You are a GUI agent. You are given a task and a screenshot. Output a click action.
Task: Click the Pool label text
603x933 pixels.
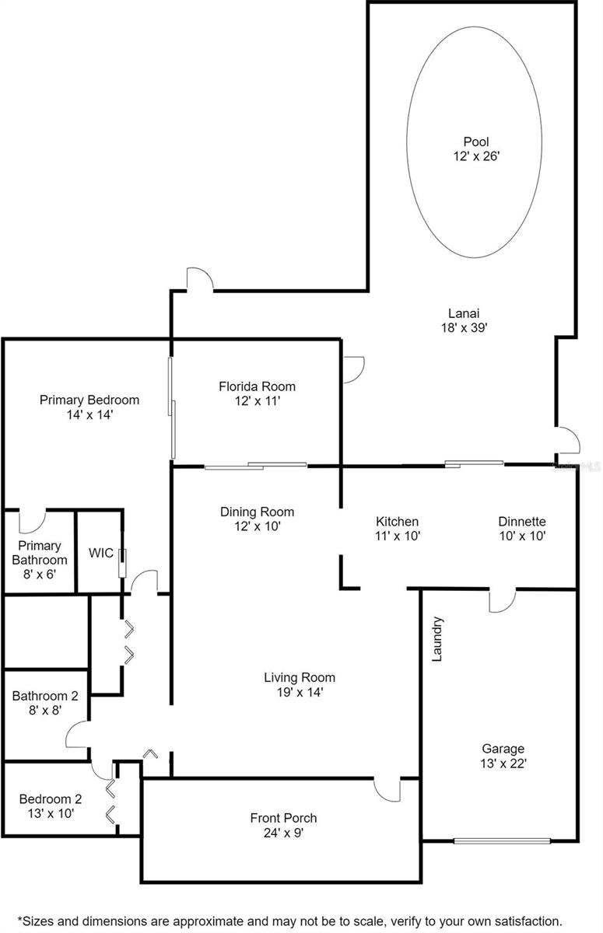coord(476,142)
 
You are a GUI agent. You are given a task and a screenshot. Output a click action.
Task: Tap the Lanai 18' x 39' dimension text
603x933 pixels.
coord(465,327)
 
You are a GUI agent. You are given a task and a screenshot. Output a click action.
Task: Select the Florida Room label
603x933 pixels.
coord(257,386)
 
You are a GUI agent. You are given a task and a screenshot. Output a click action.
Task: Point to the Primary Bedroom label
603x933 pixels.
coord(89,400)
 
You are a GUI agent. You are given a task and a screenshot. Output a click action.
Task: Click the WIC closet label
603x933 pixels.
coord(101,553)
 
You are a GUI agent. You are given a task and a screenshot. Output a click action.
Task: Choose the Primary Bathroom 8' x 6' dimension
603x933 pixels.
coord(40,575)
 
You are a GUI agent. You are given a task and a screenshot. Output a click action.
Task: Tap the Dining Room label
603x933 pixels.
coord(257,512)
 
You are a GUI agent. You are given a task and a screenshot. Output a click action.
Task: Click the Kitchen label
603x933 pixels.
coord(397,522)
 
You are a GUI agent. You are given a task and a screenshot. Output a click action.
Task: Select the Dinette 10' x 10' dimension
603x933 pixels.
coord(523,536)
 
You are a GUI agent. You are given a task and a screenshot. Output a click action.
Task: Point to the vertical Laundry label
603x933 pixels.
coord(436,639)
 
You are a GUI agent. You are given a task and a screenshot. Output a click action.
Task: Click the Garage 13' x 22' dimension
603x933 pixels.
coord(503,763)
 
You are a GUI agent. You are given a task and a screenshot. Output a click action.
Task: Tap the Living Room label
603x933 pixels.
coord(300,678)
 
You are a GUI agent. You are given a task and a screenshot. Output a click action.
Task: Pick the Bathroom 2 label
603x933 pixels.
coord(45,696)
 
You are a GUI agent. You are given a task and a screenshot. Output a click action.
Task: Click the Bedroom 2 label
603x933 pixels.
coord(51,799)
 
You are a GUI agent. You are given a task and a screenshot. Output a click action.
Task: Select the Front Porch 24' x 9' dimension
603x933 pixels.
coord(283,833)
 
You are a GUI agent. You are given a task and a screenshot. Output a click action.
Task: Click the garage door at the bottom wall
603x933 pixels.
coord(502,841)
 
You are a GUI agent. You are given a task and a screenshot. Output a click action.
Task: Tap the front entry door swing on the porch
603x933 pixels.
coord(387,790)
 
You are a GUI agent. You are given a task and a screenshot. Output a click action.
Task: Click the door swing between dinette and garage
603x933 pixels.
coord(502,600)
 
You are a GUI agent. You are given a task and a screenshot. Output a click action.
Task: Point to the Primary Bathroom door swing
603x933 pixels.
coord(32,521)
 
